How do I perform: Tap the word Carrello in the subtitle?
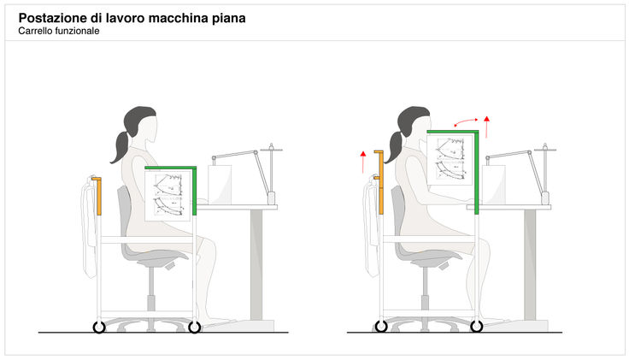pyautogui.click(x=36, y=31)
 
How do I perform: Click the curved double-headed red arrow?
pyautogui.click(x=467, y=122)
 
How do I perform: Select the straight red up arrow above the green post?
pyautogui.click(x=487, y=126)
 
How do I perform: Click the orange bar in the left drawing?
pyautogui.click(x=99, y=196)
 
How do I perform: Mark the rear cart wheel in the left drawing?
pyautogui.click(x=98, y=327)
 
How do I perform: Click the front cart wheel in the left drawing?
pyautogui.click(x=194, y=327)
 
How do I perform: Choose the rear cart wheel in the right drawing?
pyautogui.click(x=380, y=327)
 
